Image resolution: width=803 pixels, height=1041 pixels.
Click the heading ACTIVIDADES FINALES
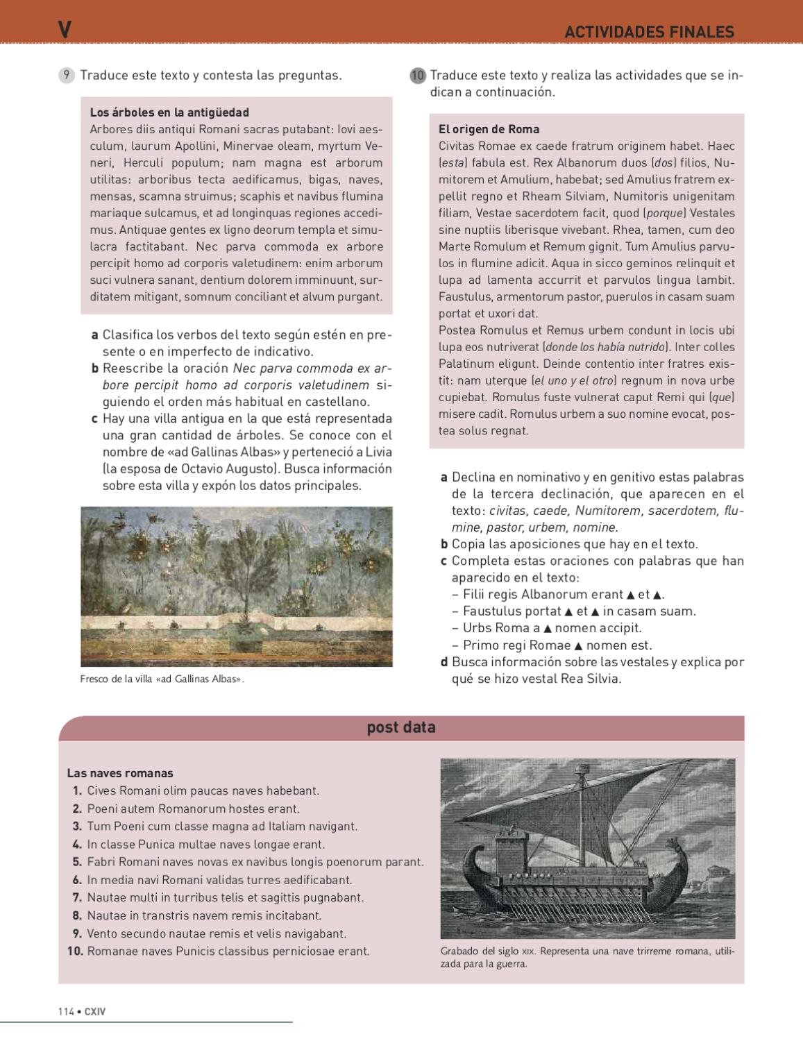(x=649, y=32)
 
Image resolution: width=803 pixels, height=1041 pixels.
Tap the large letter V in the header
(x=65, y=30)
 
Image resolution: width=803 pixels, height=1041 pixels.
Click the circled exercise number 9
(x=67, y=76)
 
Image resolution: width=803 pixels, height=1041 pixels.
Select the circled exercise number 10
(x=417, y=76)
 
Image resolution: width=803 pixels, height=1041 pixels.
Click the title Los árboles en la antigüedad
(x=169, y=112)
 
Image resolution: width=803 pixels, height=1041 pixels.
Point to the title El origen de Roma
(x=489, y=129)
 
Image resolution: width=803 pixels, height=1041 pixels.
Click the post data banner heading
(x=401, y=727)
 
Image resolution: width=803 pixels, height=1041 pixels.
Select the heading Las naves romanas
(x=120, y=773)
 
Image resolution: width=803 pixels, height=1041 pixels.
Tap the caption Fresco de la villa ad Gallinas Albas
(x=162, y=679)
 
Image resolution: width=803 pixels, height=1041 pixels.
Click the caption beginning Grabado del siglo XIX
(x=586, y=957)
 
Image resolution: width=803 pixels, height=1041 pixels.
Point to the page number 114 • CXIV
(x=82, y=1012)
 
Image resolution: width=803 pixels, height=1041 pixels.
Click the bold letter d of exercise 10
(x=444, y=662)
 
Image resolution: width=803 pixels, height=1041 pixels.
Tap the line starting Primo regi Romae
(x=557, y=645)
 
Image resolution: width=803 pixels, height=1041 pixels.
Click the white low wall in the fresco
(x=236, y=623)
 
